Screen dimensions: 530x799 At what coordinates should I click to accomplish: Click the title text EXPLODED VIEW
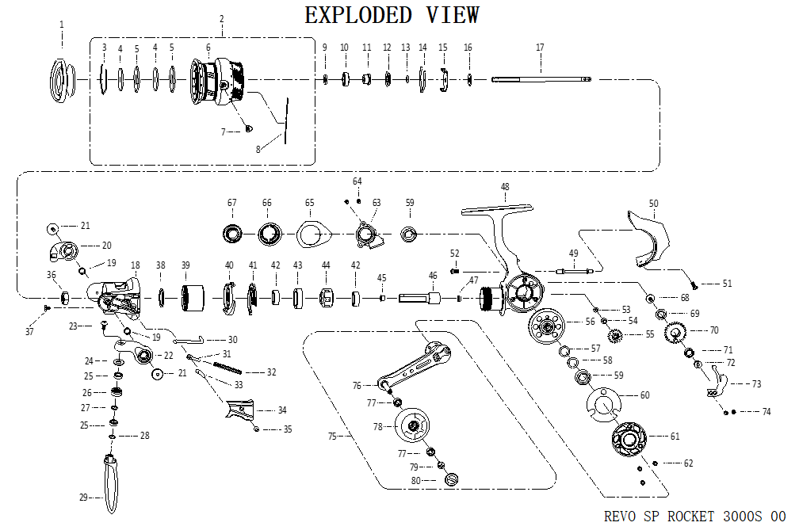tap(392, 15)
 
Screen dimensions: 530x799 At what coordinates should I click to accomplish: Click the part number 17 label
tap(540, 48)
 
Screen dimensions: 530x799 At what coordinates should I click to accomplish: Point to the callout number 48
tap(505, 187)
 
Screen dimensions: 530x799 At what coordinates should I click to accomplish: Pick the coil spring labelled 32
tap(229, 368)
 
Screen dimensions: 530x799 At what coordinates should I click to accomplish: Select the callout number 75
tap(333, 436)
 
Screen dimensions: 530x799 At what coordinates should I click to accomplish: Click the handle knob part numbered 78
tap(412, 426)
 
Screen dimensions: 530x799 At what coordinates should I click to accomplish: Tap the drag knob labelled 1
tap(61, 78)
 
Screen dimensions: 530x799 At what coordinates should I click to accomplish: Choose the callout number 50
tap(653, 204)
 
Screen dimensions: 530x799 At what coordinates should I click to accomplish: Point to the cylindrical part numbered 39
tap(189, 298)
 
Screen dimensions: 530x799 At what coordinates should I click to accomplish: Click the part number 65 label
tap(309, 203)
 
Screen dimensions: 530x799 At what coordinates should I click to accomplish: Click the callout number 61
tap(675, 436)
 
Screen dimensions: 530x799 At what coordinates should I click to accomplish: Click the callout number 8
tap(258, 148)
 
